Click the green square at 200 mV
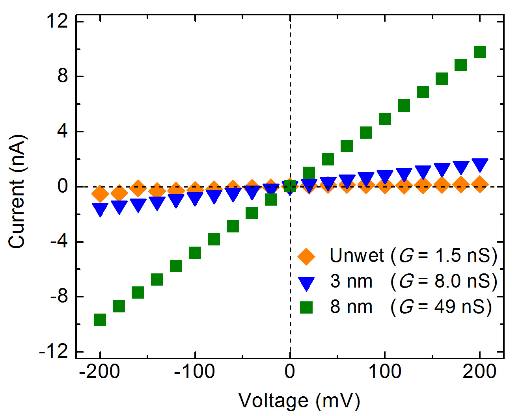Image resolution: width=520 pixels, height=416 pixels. pyautogui.click(x=480, y=52)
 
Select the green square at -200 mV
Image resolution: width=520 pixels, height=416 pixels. pyautogui.click(x=100, y=319)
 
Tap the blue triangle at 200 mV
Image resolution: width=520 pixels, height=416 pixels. pyautogui.click(x=480, y=165)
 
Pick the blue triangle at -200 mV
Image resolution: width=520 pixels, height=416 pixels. pyautogui.click(x=100, y=209)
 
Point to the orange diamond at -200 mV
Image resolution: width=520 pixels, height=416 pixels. pyautogui.click(x=100, y=193)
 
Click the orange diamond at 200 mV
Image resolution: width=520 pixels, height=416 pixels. pyautogui.click(x=480, y=184)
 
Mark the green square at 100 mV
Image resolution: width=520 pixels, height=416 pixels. pyautogui.click(x=385, y=119)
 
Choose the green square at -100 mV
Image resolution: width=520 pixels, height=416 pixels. pyautogui.click(x=195, y=253)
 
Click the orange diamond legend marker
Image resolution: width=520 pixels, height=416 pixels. pyautogui.click(x=306, y=256)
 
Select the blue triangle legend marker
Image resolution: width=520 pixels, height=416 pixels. pyautogui.click(x=306, y=283)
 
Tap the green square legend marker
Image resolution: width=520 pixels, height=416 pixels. pyautogui.click(x=306, y=307)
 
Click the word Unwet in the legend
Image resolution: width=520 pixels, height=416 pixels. pyautogui.click(x=356, y=256)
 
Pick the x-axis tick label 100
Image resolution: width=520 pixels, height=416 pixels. pyautogui.click(x=384, y=371)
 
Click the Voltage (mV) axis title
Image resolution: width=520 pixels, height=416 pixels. pyautogui.click(x=299, y=401)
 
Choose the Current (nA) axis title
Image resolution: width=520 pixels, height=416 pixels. pyautogui.click(x=17, y=191)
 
